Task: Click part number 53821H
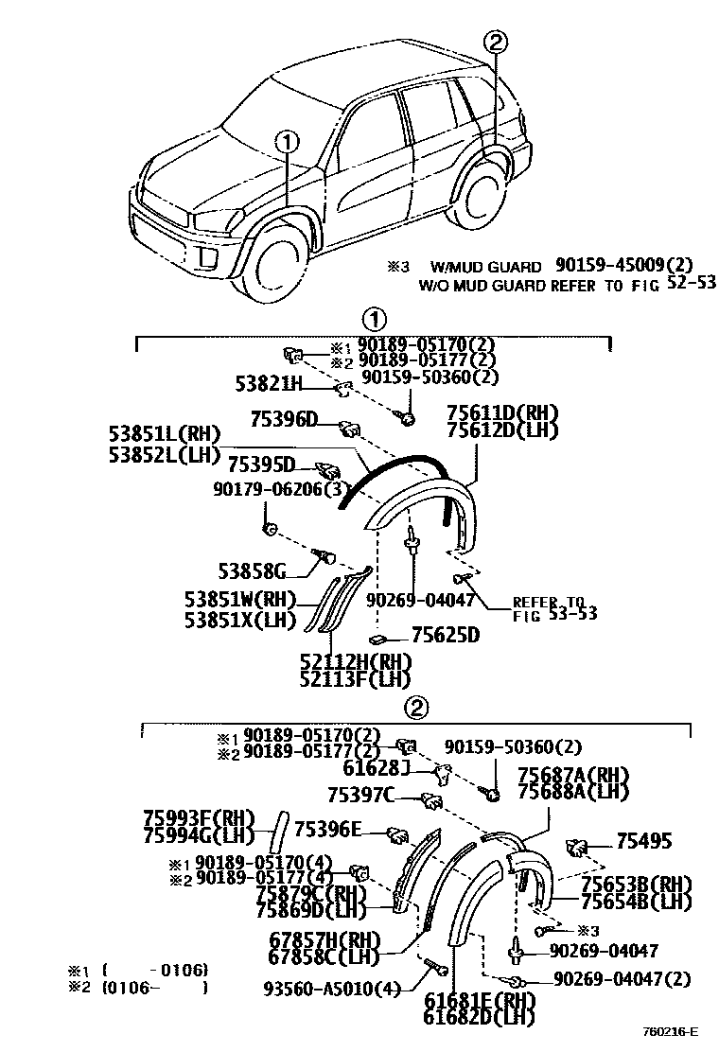[x=268, y=383]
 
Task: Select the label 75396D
[x=284, y=419]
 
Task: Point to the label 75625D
[x=445, y=636]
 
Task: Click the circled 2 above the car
[x=496, y=42]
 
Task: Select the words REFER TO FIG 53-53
[x=554, y=607]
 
